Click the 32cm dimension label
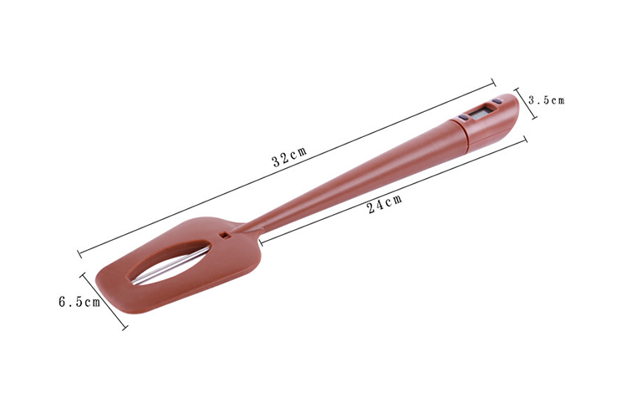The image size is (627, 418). [289, 156]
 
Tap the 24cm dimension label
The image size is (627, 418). [385, 203]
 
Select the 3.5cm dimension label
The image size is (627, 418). [546, 100]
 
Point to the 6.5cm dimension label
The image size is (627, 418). [79, 302]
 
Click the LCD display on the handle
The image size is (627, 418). [482, 111]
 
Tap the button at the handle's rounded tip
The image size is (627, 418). [497, 101]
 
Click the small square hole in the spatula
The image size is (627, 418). [225, 236]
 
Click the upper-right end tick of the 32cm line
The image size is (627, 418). [493, 83]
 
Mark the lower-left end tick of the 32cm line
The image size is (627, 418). [79, 254]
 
